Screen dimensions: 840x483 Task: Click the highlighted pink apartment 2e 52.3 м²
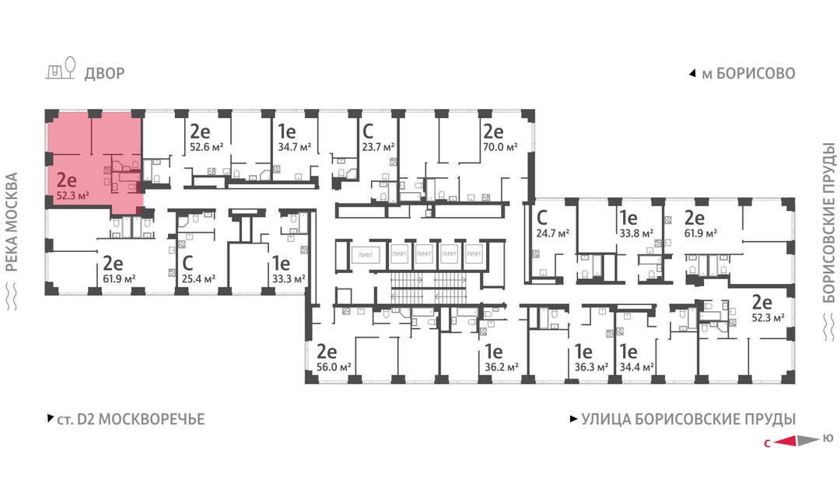pyautogui.click(x=80, y=161)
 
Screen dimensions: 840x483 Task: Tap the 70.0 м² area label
pyautogui.click(x=500, y=147)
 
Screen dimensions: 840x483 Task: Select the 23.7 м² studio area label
pyautogui.click(x=378, y=147)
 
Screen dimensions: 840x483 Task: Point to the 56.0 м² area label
pyautogui.click(x=334, y=367)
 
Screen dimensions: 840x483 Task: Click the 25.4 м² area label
pyautogui.click(x=199, y=279)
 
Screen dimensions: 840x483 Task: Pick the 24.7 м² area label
pyautogui.click(x=553, y=233)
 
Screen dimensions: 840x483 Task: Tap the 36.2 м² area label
pyautogui.click(x=502, y=367)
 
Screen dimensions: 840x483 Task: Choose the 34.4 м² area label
pyautogui.click(x=637, y=367)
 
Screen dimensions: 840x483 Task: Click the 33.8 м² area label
pyautogui.click(x=636, y=233)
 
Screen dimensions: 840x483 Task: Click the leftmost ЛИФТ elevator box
pyautogui.click(x=366, y=255)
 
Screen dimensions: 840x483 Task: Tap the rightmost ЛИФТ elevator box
pyautogui.click(x=474, y=254)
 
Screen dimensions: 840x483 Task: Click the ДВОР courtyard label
pyautogui.click(x=104, y=73)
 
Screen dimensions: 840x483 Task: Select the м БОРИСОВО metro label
pyautogui.click(x=748, y=73)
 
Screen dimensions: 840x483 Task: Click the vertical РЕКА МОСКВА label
pyautogui.click(x=12, y=222)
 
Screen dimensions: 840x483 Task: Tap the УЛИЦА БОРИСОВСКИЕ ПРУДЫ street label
pyautogui.click(x=688, y=419)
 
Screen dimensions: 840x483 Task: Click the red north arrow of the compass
pyautogui.click(x=786, y=441)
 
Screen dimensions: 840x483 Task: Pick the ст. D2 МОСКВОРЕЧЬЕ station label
pyautogui.click(x=131, y=419)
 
